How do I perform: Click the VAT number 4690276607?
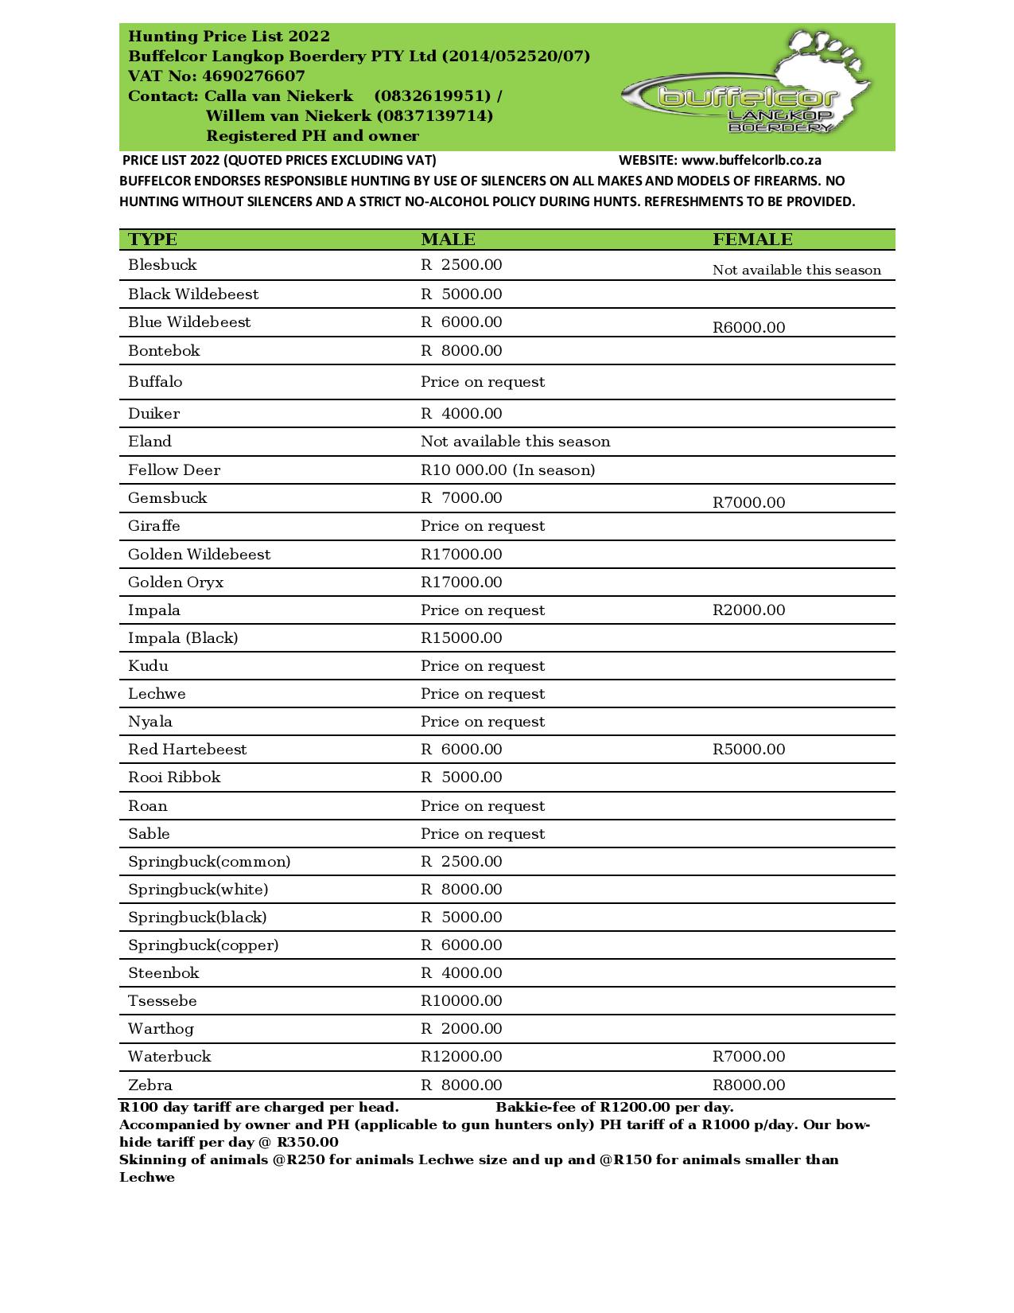[254, 76]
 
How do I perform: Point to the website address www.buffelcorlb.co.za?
[751, 160]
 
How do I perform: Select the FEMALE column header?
[752, 240]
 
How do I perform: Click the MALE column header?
[448, 240]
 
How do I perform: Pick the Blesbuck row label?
[162, 265]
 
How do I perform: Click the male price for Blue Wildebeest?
[461, 322]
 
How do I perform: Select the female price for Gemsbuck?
[748, 502]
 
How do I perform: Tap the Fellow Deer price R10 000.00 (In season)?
[507, 470]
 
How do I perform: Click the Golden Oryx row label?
[176, 582]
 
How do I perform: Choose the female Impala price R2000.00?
[748, 610]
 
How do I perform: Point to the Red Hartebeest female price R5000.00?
[748, 750]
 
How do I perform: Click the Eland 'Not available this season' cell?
[515, 442]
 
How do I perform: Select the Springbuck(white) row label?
[198, 890]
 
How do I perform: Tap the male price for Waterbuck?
[461, 1057]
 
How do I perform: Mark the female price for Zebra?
[748, 1085]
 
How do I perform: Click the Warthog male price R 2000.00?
[461, 1029]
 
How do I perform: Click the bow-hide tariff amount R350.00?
[307, 1143]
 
